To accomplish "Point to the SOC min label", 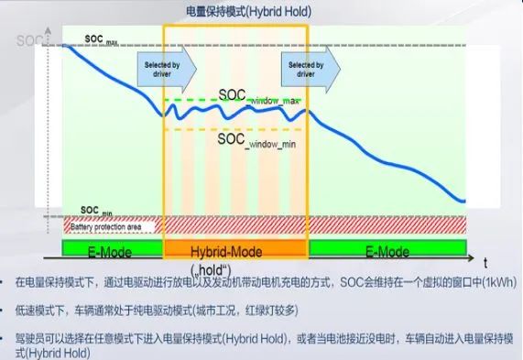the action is pyautogui.click(x=96, y=211).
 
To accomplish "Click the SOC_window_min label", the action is pyautogui.click(x=256, y=140).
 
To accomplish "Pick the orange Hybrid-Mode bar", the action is pyautogui.click(x=235, y=250).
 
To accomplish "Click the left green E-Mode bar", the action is pyautogui.click(x=112, y=250).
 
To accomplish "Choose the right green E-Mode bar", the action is pyautogui.click(x=386, y=250).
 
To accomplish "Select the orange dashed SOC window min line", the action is pyautogui.click(x=192, y=129).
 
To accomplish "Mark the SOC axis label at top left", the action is pyautogui.click(x=26, y=41).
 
